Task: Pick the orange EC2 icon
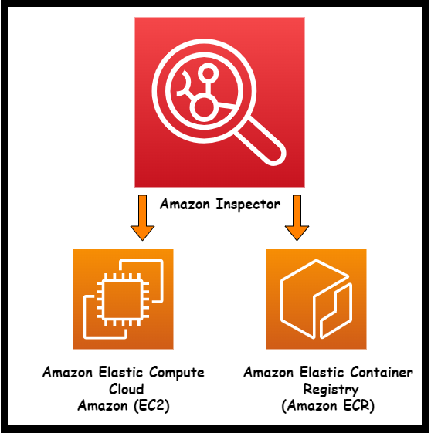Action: click(124, 299)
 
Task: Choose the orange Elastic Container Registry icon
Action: click(316, 299)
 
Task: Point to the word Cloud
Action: click(123, 389)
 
